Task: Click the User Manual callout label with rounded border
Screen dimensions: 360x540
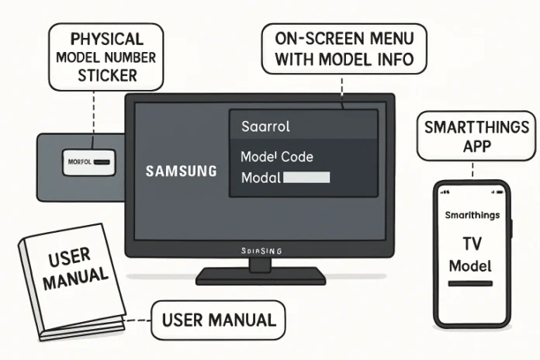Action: coord(218,319)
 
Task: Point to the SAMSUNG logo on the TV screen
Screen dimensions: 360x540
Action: coord(182,171)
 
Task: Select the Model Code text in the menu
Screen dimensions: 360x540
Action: coord(277,157)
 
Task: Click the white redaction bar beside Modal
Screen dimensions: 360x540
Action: coord(307,178)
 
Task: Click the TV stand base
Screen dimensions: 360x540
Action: coord(260,276)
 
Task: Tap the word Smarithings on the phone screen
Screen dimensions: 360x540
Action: coord(472,216)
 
